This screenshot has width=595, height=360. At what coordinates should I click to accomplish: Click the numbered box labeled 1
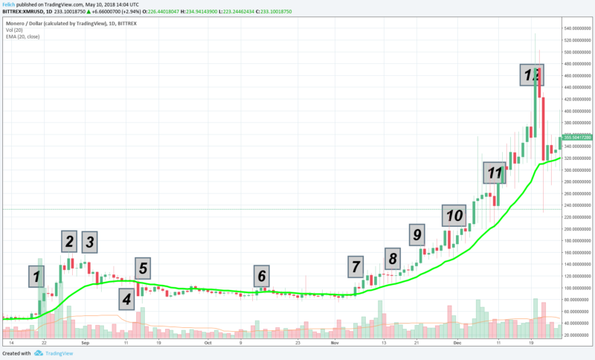[x=34, y=277]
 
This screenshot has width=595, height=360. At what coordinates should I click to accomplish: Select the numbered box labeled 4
[x=127, y=299]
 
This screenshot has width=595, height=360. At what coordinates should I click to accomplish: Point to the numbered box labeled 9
[x=417, y=235]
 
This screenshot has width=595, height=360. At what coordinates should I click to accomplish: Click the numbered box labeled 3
[x=89, y=242]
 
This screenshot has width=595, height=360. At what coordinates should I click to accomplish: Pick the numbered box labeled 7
[x=356, y=266]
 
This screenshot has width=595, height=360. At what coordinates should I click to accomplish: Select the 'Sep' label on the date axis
[x=85, y=344]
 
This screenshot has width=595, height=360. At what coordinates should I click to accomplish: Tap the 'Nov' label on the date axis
[x=335, y=344]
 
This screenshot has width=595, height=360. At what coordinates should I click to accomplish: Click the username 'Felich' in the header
[x=8, y=5]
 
